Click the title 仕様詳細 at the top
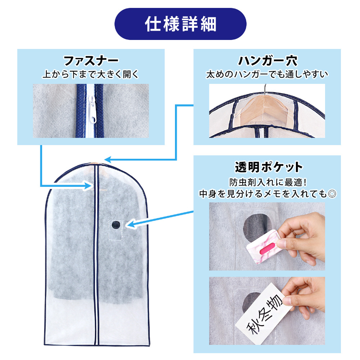(x=180, y=24)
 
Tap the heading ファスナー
(x=91, y=61)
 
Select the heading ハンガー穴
(x=267, y=61)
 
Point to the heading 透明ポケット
(x=269, y=167)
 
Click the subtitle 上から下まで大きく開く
(x=91, y=74)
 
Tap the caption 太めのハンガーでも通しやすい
(x=267, y=74)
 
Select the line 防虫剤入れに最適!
(x=268, y=183)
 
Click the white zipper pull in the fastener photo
(x=92, y=110)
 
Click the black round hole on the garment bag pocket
(x=116, y=225)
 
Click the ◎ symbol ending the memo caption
(x=332, y=194)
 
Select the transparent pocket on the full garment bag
(x=115, y=230)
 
